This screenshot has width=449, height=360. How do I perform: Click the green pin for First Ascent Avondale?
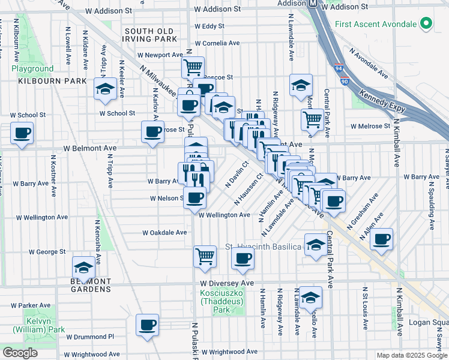[426, 24]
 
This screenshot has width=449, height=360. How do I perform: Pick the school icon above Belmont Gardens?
[83, 266]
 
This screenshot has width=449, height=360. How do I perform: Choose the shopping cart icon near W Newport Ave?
[193, 67]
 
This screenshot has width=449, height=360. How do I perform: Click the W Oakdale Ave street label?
[164, 233]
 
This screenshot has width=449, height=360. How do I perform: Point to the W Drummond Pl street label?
[89, 337]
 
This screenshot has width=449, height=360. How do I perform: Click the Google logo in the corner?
[20, 353]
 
